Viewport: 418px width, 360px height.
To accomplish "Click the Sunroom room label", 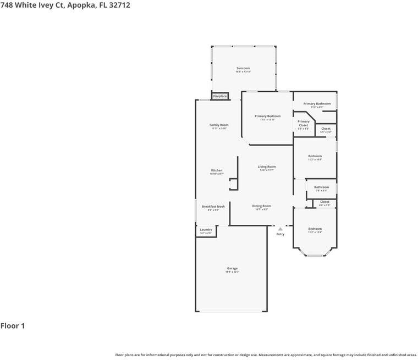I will click(x=243, y=68).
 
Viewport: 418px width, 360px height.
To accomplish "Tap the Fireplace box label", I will click(x=220, y=96).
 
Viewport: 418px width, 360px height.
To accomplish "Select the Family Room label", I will click(x=219, y=125).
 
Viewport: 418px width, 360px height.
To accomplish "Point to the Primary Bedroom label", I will click(x=267, y=116).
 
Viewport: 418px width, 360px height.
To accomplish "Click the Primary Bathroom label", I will click(x=317, y=104).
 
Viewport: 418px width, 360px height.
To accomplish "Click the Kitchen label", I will click(x=217, y=170).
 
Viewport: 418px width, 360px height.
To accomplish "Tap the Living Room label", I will click(x=267, y=167).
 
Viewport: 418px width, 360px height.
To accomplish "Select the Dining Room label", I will click(x=262, y=206).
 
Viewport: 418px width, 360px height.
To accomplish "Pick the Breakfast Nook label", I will click(x=213, y=207).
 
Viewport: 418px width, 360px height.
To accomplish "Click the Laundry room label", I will click(x=206, y=230).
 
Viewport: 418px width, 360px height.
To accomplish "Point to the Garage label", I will click(x=232, y=268).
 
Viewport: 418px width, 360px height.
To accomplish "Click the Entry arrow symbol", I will click(x=280, y=229).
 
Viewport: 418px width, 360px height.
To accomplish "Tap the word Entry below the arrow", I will click(x=280, y=234).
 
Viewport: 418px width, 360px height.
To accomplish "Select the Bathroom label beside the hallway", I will click(x=321, y=187).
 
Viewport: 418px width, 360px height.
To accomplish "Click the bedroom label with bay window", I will click(x=315, y=229).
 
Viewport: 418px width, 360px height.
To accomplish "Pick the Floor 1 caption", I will click(x=13, y=326).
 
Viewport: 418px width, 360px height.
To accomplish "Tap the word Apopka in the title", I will click(x=82, y=5).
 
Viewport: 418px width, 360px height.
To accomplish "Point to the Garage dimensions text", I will click(x=232, y=272).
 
